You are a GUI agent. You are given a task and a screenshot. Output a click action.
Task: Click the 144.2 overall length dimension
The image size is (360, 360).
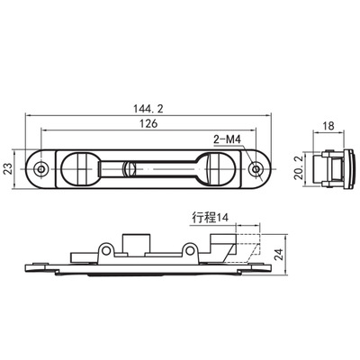pyautogui.click(x=148, y=109)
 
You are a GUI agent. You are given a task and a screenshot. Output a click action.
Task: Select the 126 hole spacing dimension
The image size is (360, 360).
pyautogui.click(x=148, y=123)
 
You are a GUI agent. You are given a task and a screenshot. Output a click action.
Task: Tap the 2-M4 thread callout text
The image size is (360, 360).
pyautogui.click(x=227, y=139)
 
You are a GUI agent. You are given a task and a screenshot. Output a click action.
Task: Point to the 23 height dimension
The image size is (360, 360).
pyautogui.click(x=8, y=169)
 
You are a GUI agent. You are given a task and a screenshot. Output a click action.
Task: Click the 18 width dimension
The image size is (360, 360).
pyautogui.click(x=328, y=126)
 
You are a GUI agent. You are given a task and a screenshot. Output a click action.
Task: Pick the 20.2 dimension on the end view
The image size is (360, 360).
pyautogui.click(x=299, y=169)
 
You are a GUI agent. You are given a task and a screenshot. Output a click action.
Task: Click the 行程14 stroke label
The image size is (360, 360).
pyautogui.click(x=211, y=217)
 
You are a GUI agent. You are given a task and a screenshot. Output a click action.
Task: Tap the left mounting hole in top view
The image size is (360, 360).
pyautogui.click(x=40, y=169)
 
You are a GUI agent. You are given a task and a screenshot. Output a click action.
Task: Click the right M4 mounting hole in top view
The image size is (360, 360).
pyautogui.click(x=256, y=169)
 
